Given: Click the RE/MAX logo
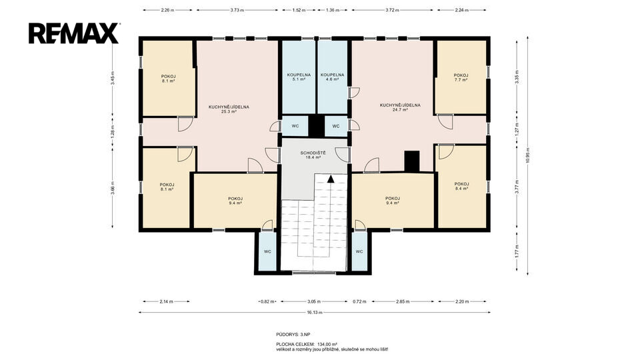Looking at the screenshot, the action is (x=74, y=33).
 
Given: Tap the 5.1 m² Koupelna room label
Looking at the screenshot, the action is (x=299, y=77).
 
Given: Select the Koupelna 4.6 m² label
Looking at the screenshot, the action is (x=332, y=77).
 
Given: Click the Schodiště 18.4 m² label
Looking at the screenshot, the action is (x=313, y=155).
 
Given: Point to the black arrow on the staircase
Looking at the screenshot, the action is (x=331, y=179).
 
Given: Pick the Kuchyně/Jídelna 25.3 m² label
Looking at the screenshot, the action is (x=229, y=109).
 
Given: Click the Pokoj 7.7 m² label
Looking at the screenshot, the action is (x=461, y=77).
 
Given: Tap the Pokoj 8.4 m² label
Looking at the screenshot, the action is (x=461, y=186).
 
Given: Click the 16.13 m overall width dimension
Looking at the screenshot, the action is (x=314, y=313).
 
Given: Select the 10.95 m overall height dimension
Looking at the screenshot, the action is (x=528, y=155).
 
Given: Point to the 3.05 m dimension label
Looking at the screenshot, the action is (x=314, y=301).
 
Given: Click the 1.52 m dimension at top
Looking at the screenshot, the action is (x=299, y=10).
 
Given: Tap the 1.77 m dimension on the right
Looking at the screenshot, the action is (x=517, y=252).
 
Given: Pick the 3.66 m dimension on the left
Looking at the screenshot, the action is (x=113, y=188).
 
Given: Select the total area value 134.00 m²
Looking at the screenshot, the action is (x=327, y=344).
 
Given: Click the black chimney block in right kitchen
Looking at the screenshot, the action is (x=412, y=161).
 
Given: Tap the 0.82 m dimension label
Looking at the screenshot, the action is (x=267, y=301).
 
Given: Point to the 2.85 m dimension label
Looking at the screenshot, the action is (x=403, y=301).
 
